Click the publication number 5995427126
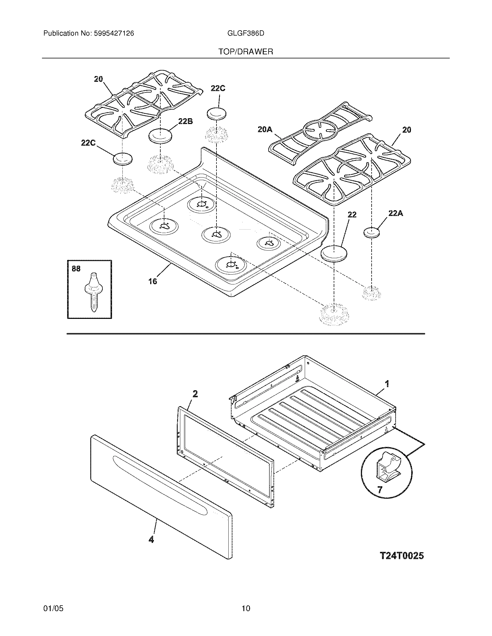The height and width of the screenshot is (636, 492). point(114,34)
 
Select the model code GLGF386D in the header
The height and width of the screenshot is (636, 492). point(245,34)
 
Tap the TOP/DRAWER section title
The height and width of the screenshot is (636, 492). point(246,52)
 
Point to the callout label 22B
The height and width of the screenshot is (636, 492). point(186,121)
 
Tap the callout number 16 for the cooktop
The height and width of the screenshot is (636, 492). point(153,281)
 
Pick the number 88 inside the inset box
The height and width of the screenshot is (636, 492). point(76,269)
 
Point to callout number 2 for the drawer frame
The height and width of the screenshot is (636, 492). point(195,394)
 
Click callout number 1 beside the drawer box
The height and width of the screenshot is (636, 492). point(387,384)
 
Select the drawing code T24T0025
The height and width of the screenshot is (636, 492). point(402,556)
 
